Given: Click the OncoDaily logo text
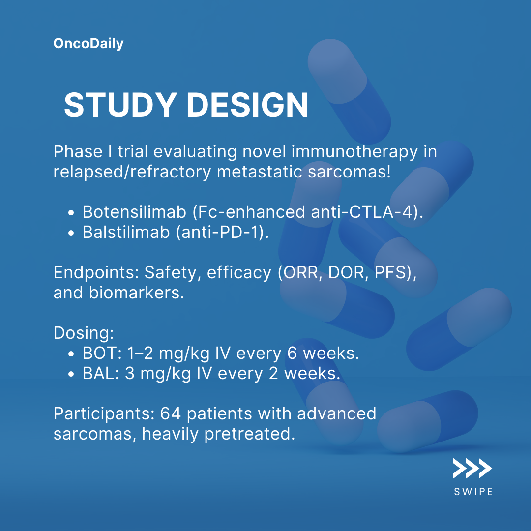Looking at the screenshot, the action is pyautogui.click(x=88, y=44).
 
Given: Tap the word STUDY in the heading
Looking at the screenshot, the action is pyautogui.click(x=120, y=105).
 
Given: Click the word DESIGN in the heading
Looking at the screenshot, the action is pyautogui.click(x=247, y=105).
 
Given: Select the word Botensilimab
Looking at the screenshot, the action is pyautogui.click(x=134, y=212).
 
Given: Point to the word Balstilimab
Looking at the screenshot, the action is pyautogui.click(x=126, y=232).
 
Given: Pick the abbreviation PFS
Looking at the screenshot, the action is pyautogui.click(x=390, y=272).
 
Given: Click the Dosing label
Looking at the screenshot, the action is pyautogui.click(x=84, y=333).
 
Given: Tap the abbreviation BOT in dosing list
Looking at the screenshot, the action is pyautogui.click(x=100, y=353).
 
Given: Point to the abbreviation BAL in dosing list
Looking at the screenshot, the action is pyautogui.click(x=99, y=374).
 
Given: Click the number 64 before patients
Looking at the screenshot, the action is pyautogui.click(x=170, y=414).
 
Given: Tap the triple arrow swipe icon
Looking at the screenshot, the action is pyautogui.click(x=472, y=469).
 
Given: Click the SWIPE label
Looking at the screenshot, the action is pyautogui.click(x=473, y=492).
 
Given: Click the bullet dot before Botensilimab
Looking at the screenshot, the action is pyautogui.click(x=71, y=213).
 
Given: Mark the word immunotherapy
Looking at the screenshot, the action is pyautogui.click(x=354, y=152).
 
